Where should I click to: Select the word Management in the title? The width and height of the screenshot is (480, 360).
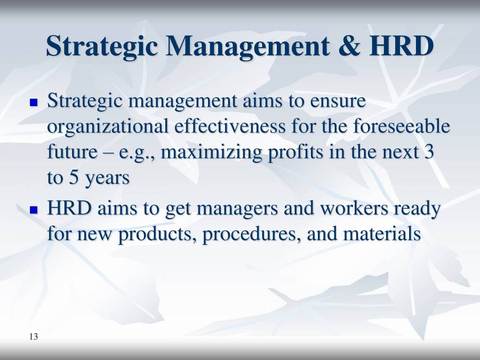(x=247, y=47)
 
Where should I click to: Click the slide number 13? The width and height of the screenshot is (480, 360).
(x=34, y=337)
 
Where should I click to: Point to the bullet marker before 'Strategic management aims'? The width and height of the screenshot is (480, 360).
(x=34, y=101)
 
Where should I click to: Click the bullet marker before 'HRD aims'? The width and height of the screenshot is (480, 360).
(x=34, y=210)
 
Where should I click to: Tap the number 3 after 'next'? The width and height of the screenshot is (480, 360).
(x=428, y=152)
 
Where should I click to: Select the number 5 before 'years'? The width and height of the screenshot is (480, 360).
(x=73, y=178)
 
